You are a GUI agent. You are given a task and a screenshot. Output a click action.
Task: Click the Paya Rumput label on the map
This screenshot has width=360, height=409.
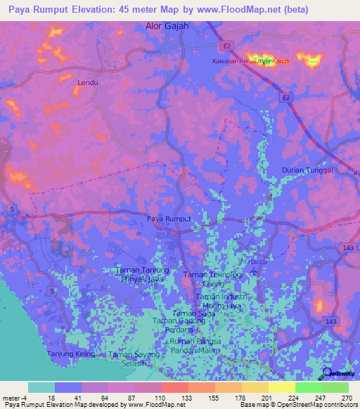[x=169, y=219]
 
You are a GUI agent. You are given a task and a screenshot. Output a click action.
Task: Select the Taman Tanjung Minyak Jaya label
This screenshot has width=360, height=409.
[x=143, y=274]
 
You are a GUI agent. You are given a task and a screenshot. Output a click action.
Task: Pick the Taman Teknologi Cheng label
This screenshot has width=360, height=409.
[x=212, y=278]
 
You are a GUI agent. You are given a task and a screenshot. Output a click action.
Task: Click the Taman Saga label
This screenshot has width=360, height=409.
[x=193, y=313]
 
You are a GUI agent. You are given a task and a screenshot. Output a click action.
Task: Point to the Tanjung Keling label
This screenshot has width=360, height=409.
[x=70, y=353]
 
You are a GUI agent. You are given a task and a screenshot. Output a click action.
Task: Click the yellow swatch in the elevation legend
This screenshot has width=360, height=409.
[x=281, y=387]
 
